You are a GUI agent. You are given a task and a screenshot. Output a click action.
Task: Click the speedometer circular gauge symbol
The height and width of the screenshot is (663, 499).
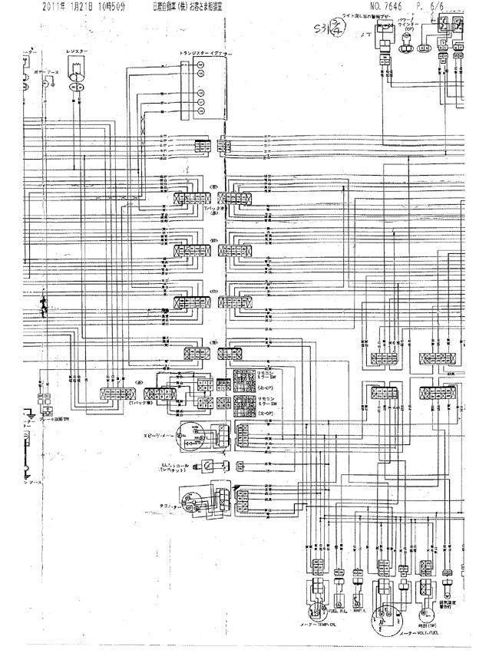coord(188,434)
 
